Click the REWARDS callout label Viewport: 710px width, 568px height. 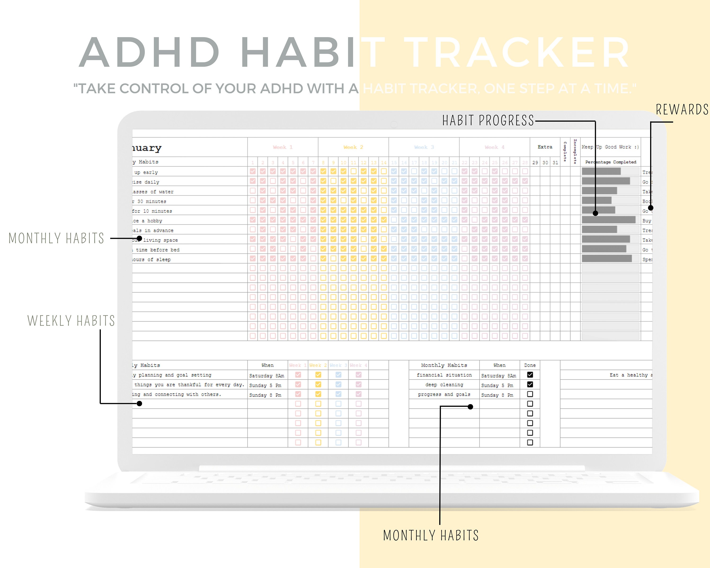[682, 110]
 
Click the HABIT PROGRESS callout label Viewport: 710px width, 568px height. [488, 120]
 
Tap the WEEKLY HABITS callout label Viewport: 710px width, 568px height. [71, 321]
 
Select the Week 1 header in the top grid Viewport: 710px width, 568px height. [283, 147]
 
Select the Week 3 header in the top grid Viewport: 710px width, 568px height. [424, 147]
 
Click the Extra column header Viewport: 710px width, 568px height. [545, 147]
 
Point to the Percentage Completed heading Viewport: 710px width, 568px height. [611, 162]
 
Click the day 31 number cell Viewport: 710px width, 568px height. [555, 162]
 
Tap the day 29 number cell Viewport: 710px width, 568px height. [535, 162]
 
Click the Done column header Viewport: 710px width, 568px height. [530, 365]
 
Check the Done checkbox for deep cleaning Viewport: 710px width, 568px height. [530, 384]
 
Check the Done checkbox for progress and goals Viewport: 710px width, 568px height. [530, 394]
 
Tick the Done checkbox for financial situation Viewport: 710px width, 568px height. [530, 375]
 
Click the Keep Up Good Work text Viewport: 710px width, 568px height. [610, 147]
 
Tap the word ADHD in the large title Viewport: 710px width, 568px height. [149, 53]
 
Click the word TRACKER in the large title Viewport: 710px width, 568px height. [517, 53]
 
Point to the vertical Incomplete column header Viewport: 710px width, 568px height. [575, 151]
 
